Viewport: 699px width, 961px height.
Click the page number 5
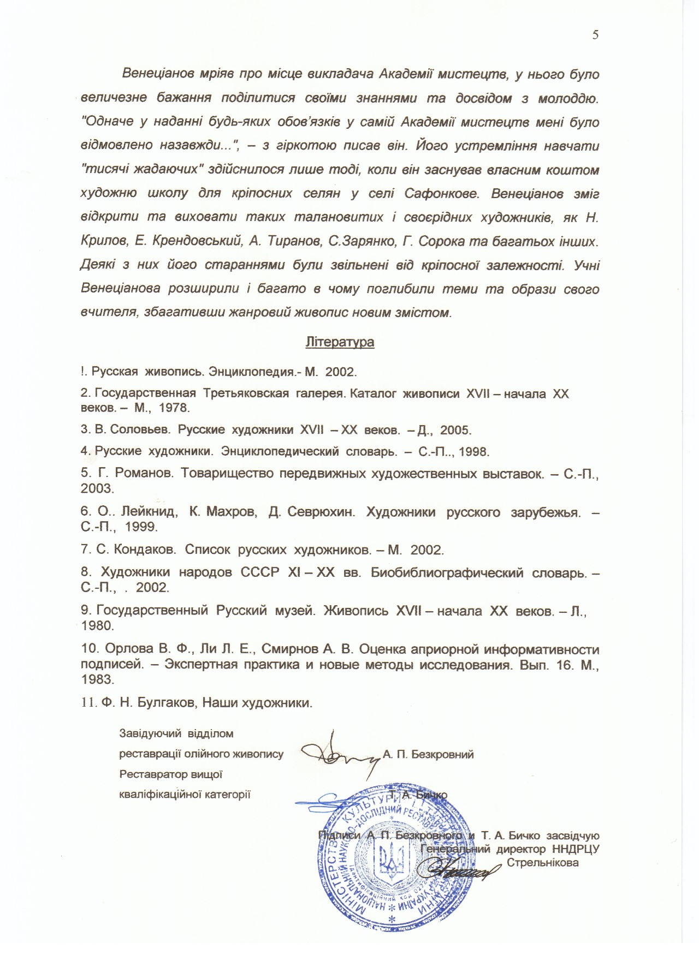click(x=595, y=35)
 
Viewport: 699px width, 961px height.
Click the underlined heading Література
click(x=340, y=342)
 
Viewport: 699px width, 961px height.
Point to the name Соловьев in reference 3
click(x=139, y=429)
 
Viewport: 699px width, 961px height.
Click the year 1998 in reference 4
click(x=473, y=451)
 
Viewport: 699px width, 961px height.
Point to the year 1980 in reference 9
click(x=97, y=626)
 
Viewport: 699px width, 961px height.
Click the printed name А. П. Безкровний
click(x=428, y=755)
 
